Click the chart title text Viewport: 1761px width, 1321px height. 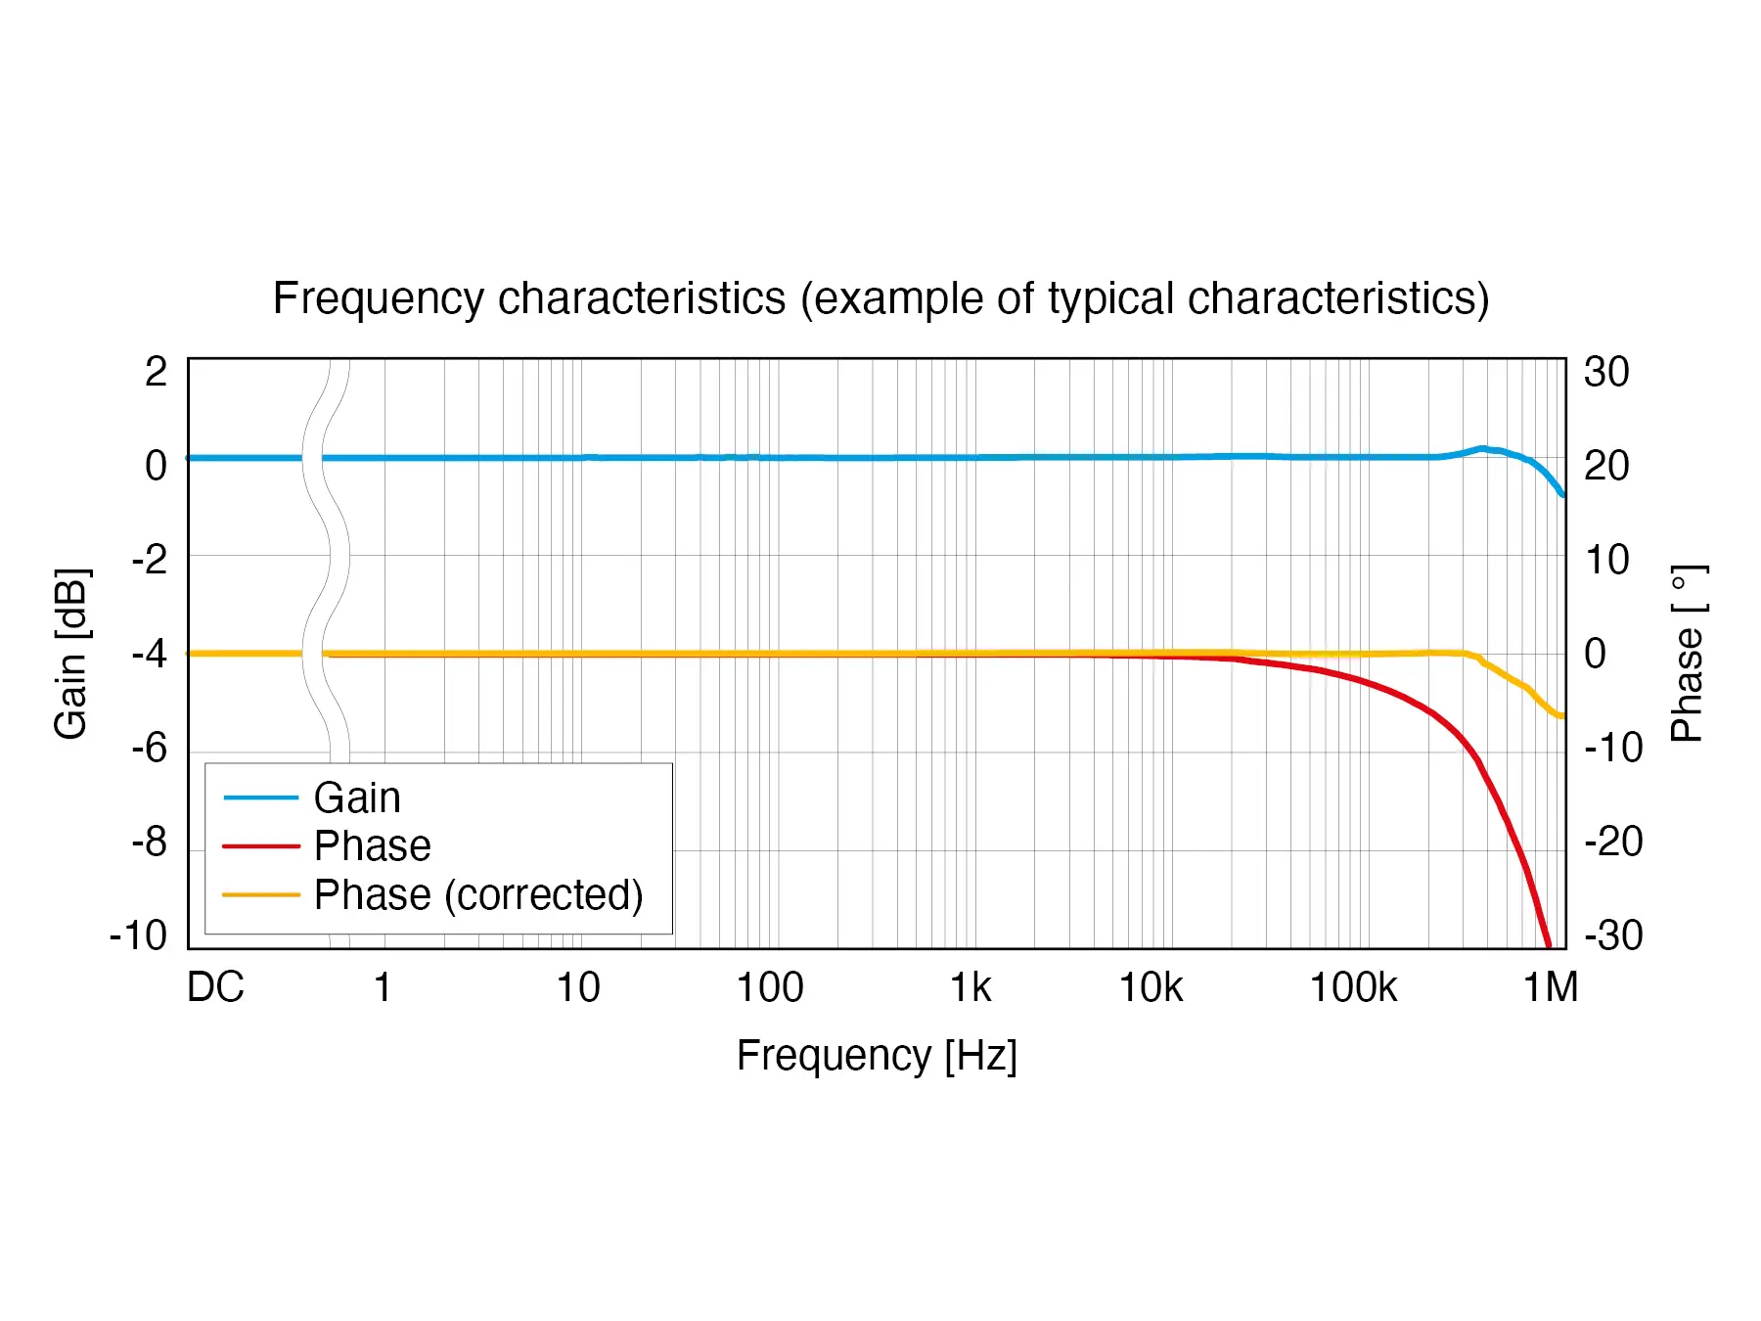880,298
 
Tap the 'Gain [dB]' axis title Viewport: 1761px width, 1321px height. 71,654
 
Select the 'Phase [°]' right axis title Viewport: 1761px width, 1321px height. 1688,654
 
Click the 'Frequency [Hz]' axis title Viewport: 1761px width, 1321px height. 877,1056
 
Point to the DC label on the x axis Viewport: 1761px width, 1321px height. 215,987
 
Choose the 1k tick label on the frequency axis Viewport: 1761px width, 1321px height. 971,987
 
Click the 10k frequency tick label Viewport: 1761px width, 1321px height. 1151,987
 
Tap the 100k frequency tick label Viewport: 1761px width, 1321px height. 1353,987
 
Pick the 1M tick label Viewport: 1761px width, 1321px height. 1551,987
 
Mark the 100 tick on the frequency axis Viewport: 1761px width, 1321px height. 770,987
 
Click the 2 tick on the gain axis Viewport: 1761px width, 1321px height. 157,372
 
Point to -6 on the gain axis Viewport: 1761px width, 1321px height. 150,749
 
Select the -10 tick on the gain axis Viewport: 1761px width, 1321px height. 139,935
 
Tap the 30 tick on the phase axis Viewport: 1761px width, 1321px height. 1606,372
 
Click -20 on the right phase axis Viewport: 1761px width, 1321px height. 1613,842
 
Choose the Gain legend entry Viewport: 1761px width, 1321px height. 357,797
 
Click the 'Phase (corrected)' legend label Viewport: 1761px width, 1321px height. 478,894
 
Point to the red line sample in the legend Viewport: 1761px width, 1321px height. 260,845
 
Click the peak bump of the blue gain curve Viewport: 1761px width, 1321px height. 1483,448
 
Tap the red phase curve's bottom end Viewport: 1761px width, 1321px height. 1548,945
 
